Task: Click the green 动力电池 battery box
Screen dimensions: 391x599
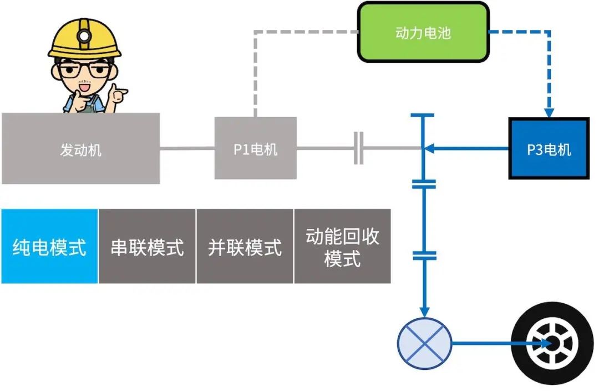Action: (x=423, y=32)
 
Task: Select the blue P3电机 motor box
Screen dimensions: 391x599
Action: (x=549, y=148)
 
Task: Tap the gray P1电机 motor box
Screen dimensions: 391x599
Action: (x=255, y=148)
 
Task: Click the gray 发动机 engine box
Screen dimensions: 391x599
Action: (x=80, y=148)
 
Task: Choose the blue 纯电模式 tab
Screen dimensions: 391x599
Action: (x=49, y=246)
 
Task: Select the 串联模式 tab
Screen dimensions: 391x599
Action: (x=147, y=246)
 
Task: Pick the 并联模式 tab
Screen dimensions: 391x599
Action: (x=245, y=246)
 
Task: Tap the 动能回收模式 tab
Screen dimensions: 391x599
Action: (x=342, y=246)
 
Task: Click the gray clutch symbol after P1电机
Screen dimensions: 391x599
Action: (x=359, y=148)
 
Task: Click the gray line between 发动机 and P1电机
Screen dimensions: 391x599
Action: (x=187, y=148)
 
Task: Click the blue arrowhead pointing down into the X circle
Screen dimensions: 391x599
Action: (x=425, y=312)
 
